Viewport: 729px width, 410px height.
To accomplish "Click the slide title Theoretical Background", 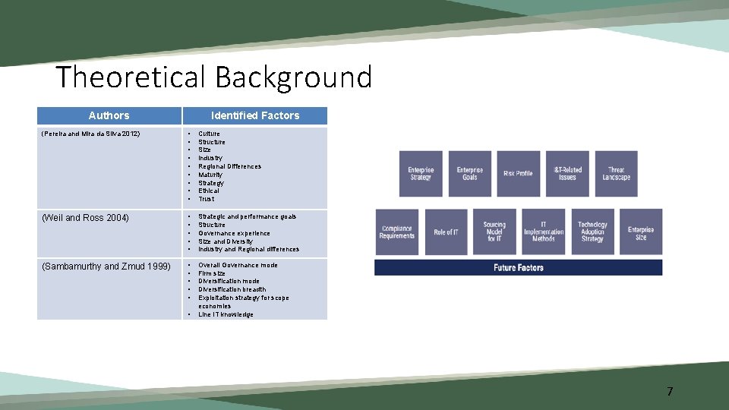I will click(x=214, y=77).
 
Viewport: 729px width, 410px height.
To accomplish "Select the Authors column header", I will click(x=109, y=115).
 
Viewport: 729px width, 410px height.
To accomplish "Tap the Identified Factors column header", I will click(x=255, y=115).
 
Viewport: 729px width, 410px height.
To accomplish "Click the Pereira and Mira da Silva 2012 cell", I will click(x=90, y=134).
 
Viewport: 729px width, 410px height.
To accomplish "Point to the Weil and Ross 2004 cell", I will click(x=86, y=218).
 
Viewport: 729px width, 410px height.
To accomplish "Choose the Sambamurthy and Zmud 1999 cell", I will click(x=106, y=266).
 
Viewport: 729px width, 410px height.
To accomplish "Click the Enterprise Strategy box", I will click(x=421, y=174).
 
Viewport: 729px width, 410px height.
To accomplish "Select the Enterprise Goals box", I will click(x=470, y=174).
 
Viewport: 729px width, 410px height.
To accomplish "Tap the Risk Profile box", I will click(x=519, y=174).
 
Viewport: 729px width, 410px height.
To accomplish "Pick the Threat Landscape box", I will click(x=616, y=174).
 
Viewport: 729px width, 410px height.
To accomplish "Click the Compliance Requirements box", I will click(x=396, y=232).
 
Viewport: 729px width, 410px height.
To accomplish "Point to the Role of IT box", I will click(x=446, y=232).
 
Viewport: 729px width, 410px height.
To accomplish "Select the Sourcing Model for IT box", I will click(x=494, y=232).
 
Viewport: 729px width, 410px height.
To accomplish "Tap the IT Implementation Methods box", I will click(x=544, y=232).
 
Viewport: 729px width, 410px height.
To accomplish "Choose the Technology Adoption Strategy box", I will click(x=592, y=232).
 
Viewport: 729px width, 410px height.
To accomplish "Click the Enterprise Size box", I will click(x=641, y=232).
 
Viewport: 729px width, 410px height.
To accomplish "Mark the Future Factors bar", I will click(x=518, y=267).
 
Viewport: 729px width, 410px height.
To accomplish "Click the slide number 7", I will click(x=669, y=392).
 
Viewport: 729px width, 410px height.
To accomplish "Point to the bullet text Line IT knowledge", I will click(x=226, y=314).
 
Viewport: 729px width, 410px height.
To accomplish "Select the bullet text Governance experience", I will click(x=234, y=233).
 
